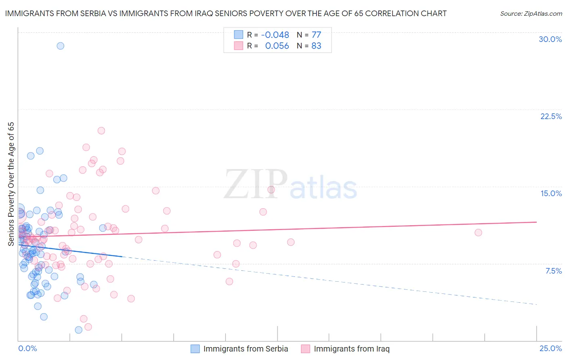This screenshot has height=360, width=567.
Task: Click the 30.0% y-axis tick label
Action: (x=550, y=39)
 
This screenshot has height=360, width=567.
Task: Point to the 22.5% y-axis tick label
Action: (x=551, y=116)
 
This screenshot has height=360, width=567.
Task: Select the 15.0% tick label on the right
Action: (x=551, y=193)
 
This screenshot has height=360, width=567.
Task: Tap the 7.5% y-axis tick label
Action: (x=553, y=271)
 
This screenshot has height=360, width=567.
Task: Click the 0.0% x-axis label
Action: (x=27, y=348)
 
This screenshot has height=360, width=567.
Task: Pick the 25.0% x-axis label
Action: (x=550, y=348)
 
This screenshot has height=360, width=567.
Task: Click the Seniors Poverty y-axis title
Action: (x=11, y=184)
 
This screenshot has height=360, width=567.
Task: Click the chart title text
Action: (x=226, y=13)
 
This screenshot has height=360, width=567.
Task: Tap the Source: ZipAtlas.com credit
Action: (x=531, y=13)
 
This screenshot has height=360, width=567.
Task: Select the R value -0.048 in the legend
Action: (x=275, y=35)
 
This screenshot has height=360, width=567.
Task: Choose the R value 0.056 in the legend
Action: (x=277, y=46)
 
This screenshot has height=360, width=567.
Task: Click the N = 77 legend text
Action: (x=309, y=35)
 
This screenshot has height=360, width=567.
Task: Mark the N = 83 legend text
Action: (x=309, y=46)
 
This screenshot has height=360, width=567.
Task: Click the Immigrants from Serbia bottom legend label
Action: (x=246, y=349)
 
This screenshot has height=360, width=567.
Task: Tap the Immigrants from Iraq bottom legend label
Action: (x=352, y=349)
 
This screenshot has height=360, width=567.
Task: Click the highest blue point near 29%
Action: (x=60, y=46)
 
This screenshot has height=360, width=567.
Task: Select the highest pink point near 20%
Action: (x=101, y=130)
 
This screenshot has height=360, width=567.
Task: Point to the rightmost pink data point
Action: (x=478, y=232)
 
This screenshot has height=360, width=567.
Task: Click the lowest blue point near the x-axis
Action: (x=79, y=330)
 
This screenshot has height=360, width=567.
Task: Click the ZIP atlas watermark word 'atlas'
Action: (x=323, y=188)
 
